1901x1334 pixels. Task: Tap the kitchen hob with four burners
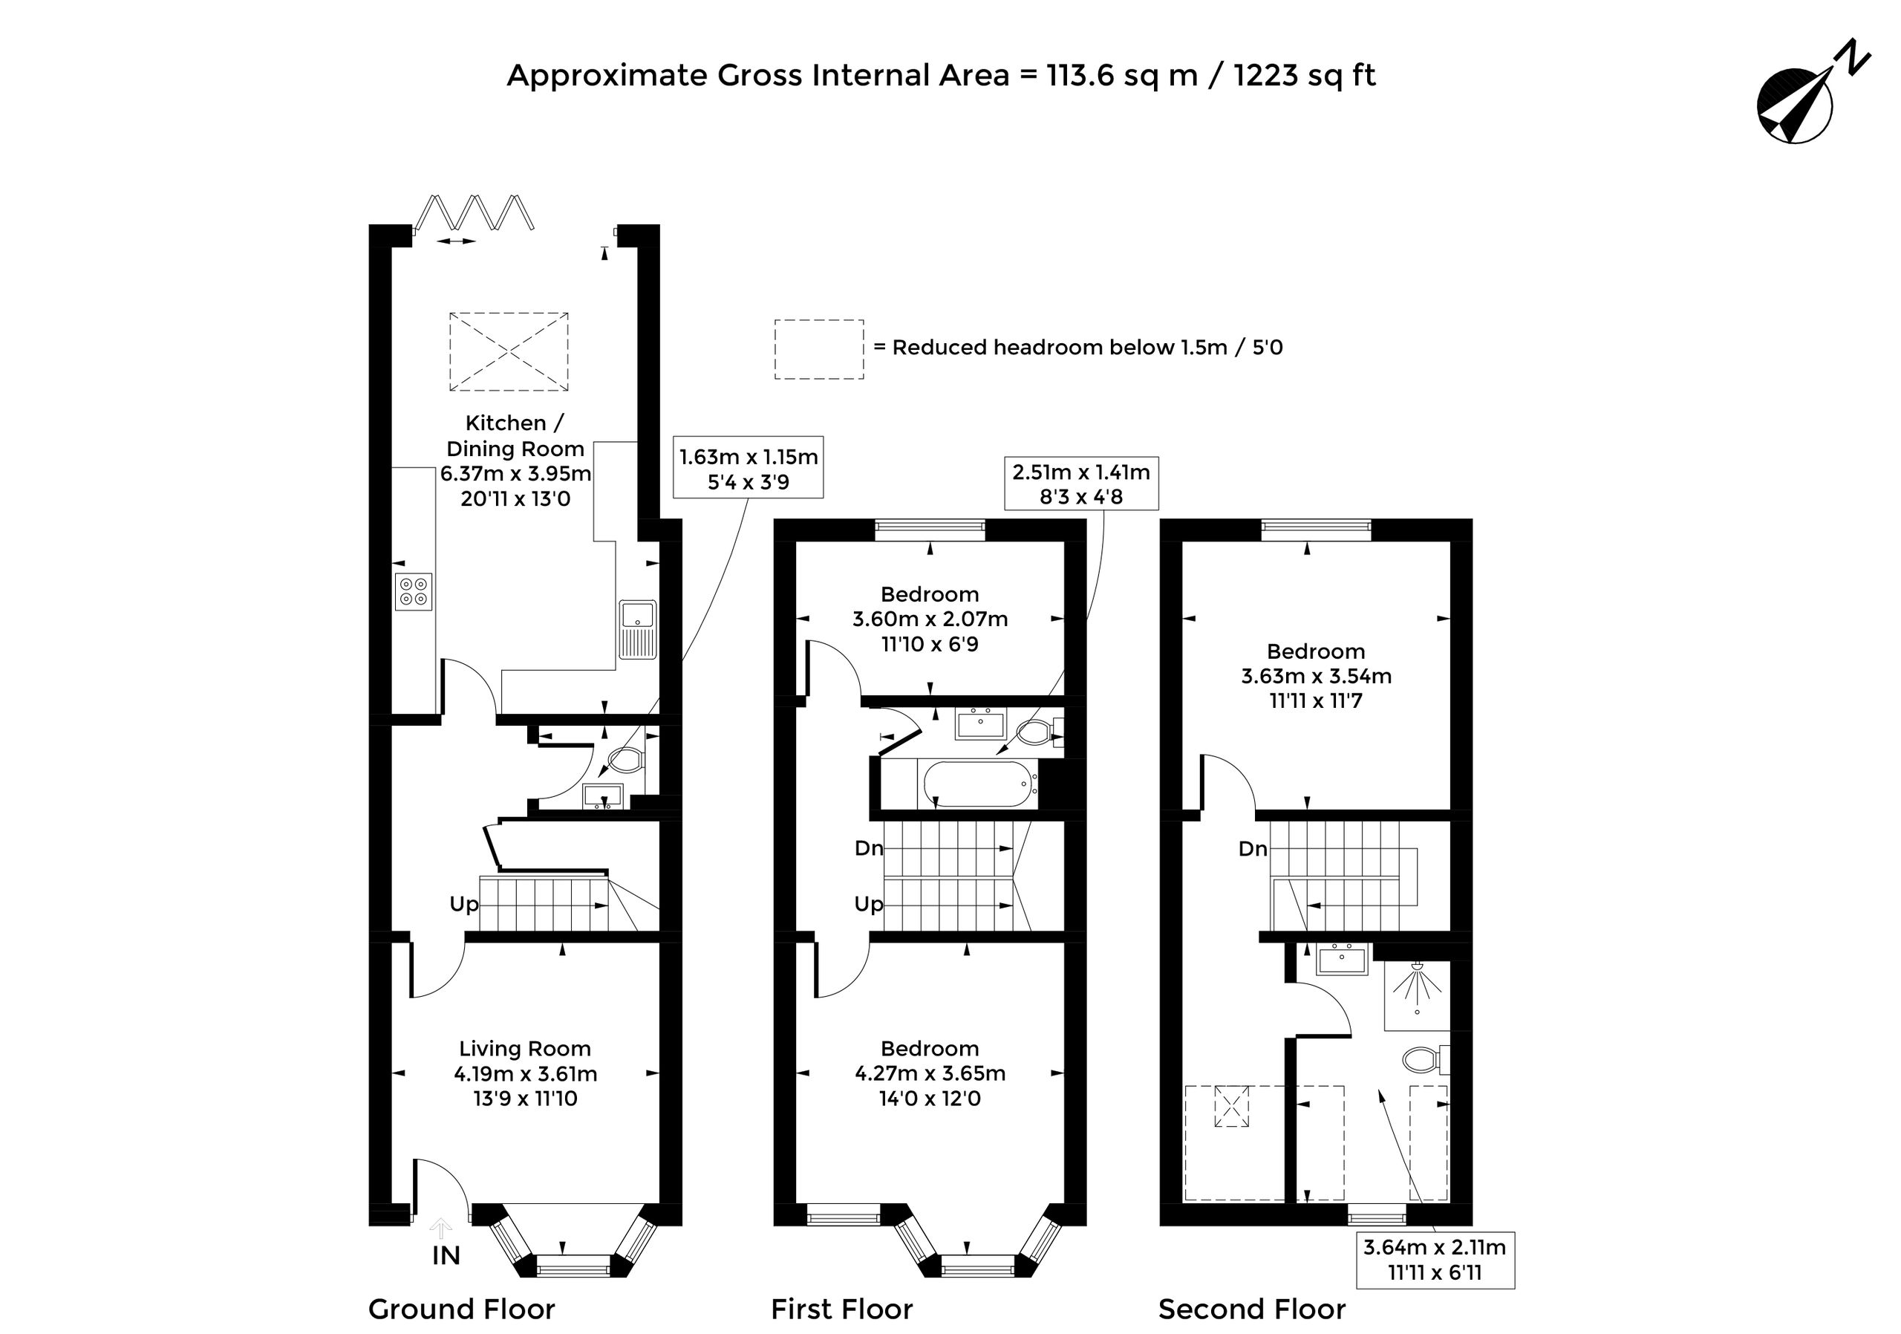coord(413,591)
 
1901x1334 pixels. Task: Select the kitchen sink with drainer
coord(636,629)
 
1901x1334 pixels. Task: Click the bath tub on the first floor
coord(977,784)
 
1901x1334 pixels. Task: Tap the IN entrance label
coord(446,1256)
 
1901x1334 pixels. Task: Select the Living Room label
coord(525,1048)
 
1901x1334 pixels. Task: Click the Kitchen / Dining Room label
coord(515,435)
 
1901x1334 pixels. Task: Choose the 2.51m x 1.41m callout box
coord(1081,483)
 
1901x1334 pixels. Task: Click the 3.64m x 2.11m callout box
coord(1435,1260)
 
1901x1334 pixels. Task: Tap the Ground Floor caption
coord(461,1309)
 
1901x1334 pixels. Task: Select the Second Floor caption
coord(1252,1309)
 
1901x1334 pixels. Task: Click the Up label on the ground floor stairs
coord(463,904)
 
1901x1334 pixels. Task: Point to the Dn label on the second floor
coord(1253,849)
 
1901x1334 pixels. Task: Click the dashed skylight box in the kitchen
coord(509,351)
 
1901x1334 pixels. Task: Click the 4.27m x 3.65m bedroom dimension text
coord(930,1073)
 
